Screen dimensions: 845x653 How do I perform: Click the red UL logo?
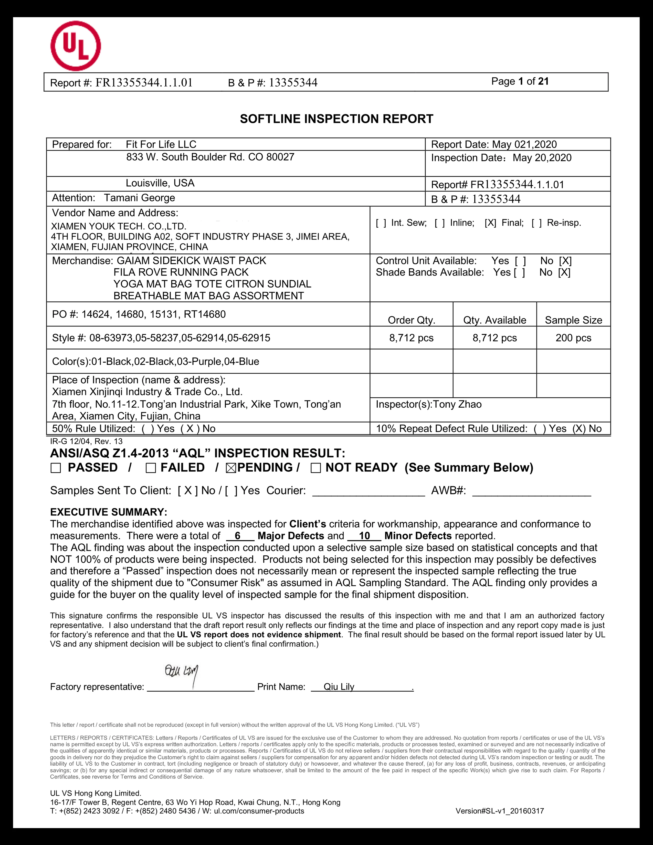point(76,46)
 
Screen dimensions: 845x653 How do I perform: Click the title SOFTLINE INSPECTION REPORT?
point(336,119)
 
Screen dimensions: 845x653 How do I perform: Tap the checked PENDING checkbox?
point(231,468)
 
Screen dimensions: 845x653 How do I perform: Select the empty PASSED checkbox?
point(56,468)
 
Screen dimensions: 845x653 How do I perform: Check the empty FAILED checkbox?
point(151,468)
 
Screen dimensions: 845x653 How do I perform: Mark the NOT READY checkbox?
point(316,468)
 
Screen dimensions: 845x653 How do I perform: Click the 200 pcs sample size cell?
point(573,338)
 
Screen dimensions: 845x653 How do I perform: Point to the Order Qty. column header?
point(412,320)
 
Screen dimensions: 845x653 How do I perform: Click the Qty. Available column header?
point(494,320)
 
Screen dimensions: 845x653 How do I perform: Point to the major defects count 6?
point(238,536)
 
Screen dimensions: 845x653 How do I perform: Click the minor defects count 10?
point(364,536)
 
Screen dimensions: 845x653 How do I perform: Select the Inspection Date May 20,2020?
point(542,158)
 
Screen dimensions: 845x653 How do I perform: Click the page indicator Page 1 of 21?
point(520,81)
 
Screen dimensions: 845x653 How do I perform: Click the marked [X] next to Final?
point(490,223)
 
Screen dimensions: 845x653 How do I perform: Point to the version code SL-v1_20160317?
point(500,811)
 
